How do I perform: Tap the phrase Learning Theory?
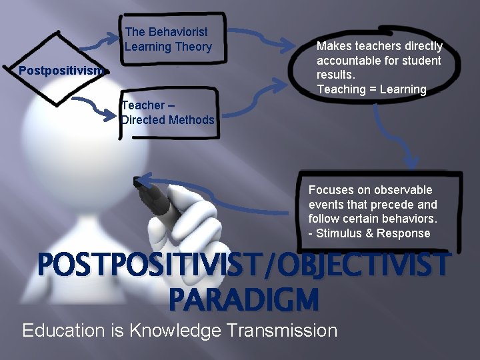click(168, 47)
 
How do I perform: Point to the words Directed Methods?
click(168, 120)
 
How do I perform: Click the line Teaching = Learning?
click(371, 89)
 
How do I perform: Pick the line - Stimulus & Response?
click(369, 233)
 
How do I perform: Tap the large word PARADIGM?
click(243, 299)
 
